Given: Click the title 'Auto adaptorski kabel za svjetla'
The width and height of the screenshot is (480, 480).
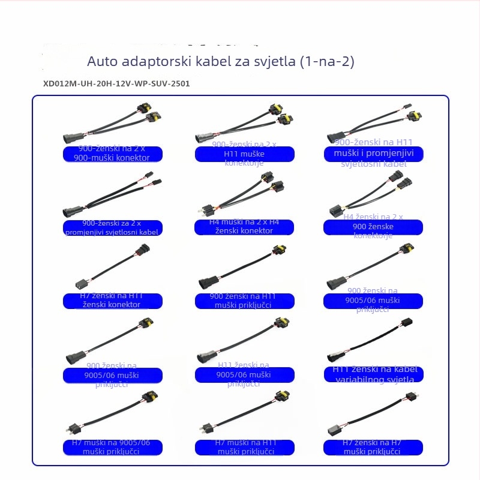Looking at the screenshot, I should click(192, 62).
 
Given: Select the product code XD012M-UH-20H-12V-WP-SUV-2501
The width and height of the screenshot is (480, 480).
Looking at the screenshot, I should click(116, 84).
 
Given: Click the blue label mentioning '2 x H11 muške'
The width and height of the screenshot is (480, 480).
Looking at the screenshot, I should click(245, 154).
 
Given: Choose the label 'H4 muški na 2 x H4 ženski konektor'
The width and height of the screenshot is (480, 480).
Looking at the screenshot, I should click(245, 227).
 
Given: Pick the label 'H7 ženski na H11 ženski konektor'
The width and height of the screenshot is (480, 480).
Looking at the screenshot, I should click(113, 300).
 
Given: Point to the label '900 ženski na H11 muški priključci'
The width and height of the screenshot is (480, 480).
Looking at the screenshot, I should click(245, 301).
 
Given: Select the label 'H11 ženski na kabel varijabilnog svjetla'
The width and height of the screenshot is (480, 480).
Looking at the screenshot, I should click(373, 374).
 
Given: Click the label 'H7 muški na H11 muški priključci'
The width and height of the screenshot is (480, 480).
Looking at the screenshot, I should click(245, 447).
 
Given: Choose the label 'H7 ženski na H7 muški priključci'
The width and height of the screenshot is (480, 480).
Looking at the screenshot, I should click(373, 447).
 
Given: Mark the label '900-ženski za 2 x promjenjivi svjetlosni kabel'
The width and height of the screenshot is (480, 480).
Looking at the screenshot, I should click(113, 227).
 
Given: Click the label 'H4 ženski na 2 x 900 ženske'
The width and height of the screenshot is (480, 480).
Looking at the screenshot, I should click(373, 226).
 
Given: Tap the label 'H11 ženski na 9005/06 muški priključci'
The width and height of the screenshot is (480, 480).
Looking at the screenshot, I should click(245, 374).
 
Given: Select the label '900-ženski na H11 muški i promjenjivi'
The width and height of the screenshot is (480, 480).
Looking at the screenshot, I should click(373, 154).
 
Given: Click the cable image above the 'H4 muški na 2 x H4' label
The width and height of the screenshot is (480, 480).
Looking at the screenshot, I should click(240, 195).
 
